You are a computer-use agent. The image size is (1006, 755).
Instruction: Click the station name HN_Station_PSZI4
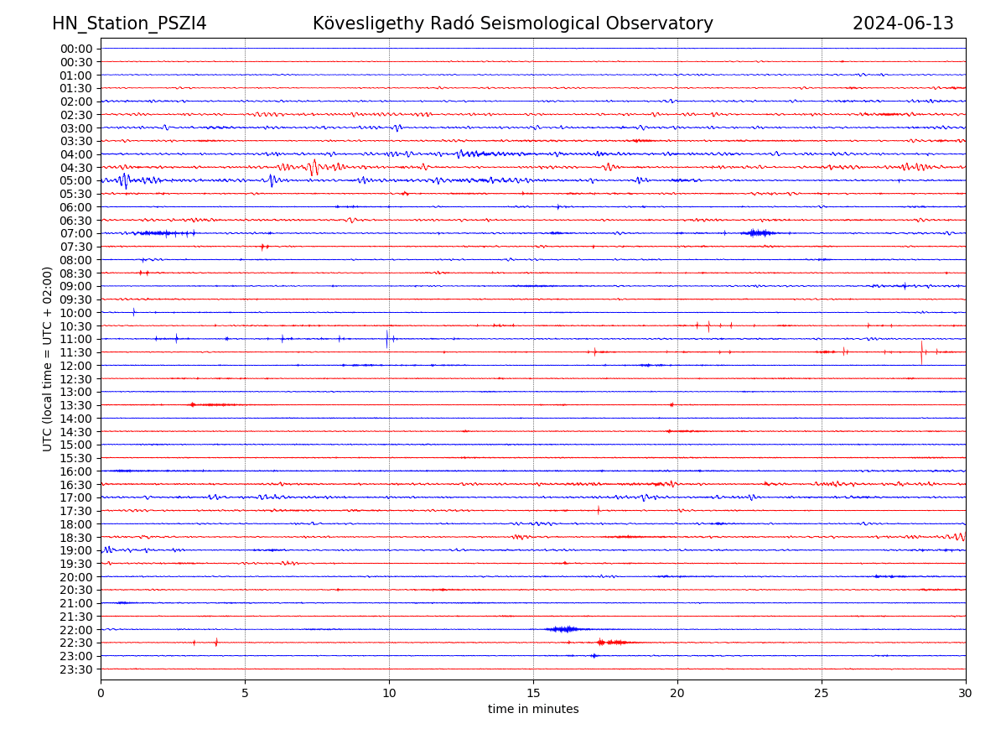tap(129, 23)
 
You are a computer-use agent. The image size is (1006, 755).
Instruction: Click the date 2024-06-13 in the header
tap(903, 23)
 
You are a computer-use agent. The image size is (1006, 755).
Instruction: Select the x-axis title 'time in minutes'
tap(533, 709)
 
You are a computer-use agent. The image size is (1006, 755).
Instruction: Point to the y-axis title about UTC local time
tap(48, 358)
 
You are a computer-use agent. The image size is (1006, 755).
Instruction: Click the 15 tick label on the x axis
tap(533, 694)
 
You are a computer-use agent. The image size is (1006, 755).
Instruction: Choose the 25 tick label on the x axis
tap(822, 694)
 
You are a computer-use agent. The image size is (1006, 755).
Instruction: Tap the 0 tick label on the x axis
tap(101, 694)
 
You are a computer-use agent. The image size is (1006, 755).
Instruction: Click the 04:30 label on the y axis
tap(75, 168)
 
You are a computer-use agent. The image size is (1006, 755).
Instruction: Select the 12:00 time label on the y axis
tap(75, 366)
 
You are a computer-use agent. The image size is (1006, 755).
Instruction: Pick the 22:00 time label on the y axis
tap(75, 630)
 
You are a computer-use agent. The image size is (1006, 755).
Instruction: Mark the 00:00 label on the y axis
tap(75, 49)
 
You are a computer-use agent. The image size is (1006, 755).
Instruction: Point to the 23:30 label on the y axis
tap(75, 669)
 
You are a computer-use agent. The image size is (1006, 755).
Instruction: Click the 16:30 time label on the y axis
tap(75, 485)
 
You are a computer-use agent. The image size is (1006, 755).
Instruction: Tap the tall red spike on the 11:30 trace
tap(921, 351)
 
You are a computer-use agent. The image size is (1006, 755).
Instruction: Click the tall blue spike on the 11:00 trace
tap(386, 339)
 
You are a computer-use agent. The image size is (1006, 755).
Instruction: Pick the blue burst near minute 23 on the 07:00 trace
tap(757, 233)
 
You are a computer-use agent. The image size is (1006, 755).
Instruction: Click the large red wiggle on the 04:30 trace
tap(314, 167)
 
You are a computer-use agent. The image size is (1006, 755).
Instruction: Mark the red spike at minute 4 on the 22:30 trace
tap(216, 643)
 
